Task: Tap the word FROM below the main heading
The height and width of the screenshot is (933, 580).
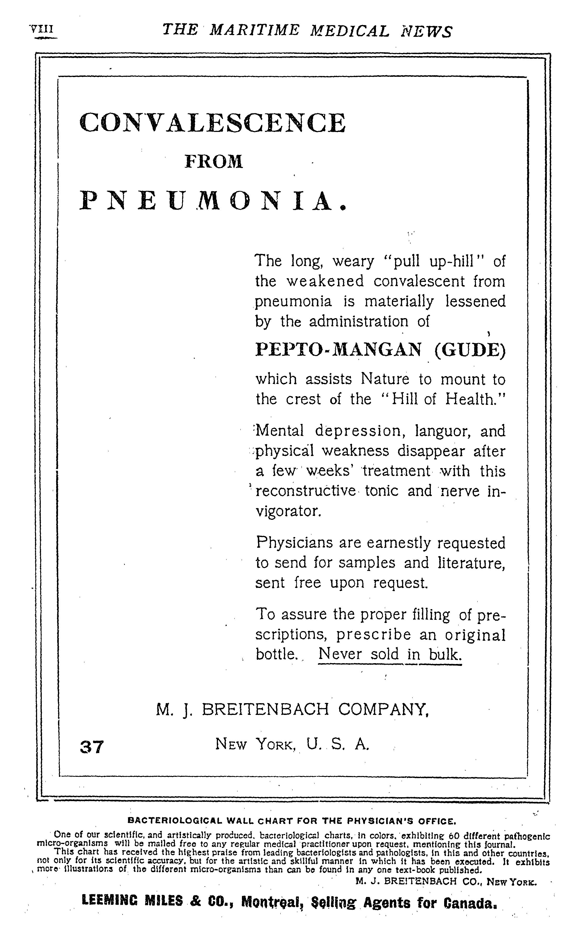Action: point(214,161)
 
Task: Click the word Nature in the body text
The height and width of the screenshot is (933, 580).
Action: point(385,379)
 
